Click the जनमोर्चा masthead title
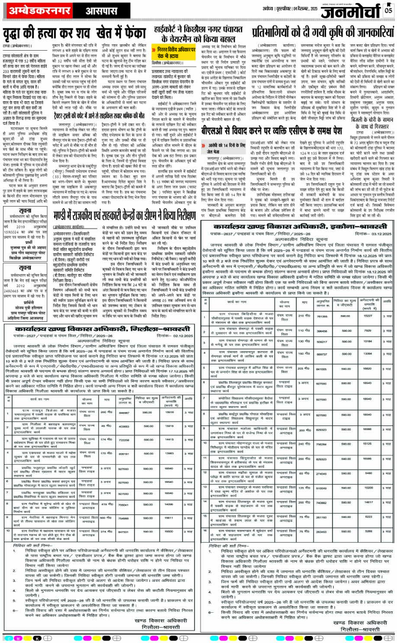[x=353, y=10]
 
